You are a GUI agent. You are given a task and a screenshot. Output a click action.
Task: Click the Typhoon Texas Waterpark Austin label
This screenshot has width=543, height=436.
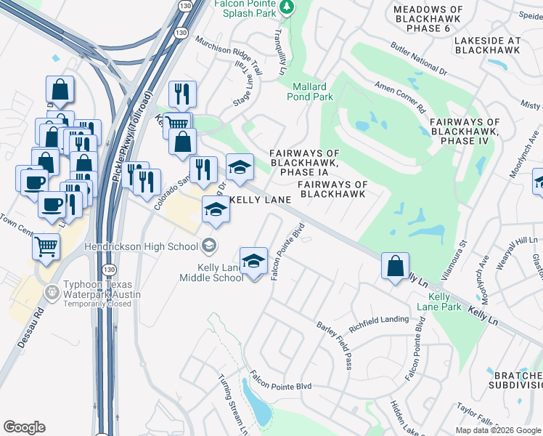click(x=102, y=294)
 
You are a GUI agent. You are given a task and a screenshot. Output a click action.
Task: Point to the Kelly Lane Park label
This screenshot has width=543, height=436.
click(x=445, y=302)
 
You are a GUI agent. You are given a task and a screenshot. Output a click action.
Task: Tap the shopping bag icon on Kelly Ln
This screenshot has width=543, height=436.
click(x=394, y=266)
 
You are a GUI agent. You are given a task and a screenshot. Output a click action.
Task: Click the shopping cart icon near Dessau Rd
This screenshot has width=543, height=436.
click(x=46, y=247)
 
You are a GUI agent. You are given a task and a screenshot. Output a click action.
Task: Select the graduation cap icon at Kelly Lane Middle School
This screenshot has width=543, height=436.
click(x=253, y=261)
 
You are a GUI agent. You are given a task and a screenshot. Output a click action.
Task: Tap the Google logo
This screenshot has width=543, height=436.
click(x=24, y=427)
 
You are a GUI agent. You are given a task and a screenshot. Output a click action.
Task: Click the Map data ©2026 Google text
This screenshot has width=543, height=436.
click(x=497, y=430)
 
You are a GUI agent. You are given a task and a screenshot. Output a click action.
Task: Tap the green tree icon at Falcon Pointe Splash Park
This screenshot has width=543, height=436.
click(x=287, y=7)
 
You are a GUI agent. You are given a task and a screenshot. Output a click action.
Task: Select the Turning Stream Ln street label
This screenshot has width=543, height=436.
click(x=233, y=404)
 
